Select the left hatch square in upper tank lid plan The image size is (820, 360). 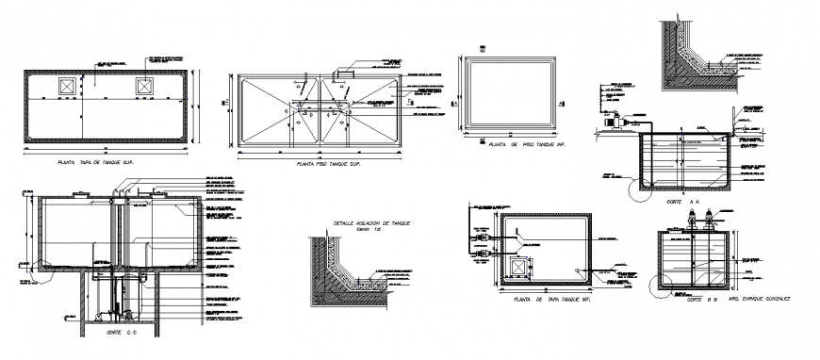click(x=66, y=87)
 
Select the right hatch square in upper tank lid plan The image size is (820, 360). click(x=145, y=87)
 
